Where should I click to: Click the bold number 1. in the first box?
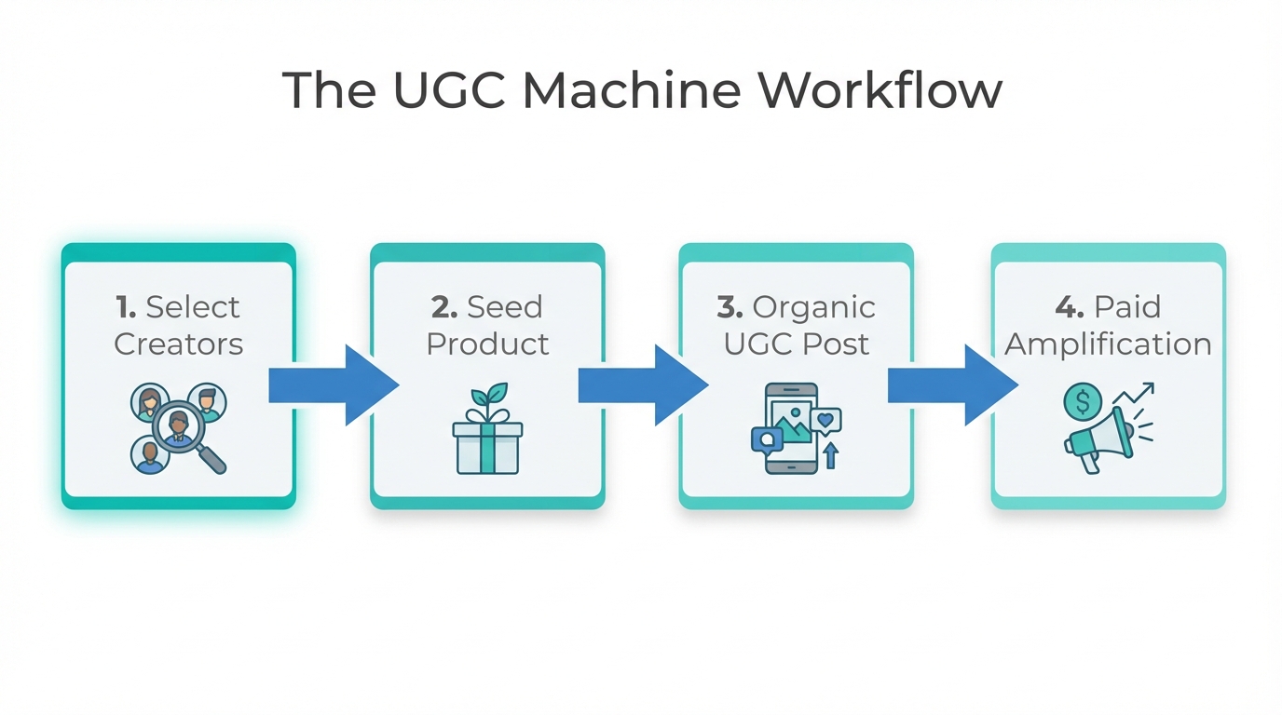click(x=126, y=307)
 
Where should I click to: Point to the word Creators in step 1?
click(x=178, y=344)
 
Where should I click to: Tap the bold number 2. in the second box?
click(x=443, y=307)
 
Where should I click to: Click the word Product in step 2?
click(x=487, y=344)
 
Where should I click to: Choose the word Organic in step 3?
click(x=813, y=307)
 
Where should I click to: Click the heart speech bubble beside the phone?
click(x=825, y=420)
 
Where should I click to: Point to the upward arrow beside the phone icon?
click(x=830, y=455)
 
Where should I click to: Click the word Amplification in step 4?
click(x=1108, y=344)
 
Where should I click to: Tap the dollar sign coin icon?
click(x=1082, y=403)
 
